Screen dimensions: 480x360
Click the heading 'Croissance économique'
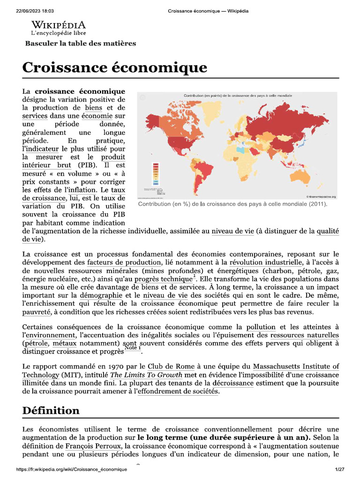coord(114,67)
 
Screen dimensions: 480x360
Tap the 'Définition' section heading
coord(51,411)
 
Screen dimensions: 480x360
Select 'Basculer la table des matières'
coord(80,44)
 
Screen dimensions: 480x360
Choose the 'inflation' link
coord(82,190)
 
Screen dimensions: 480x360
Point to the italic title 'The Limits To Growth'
coord(141,375)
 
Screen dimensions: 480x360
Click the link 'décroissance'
coord(233,383)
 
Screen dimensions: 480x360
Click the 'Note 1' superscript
coord(133,348)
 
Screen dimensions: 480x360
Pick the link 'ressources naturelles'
coord(305,335)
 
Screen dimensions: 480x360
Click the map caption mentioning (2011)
coord(232,204)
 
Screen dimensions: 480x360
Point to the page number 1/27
coord(339,470)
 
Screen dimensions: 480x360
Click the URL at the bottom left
coord(71,470)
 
